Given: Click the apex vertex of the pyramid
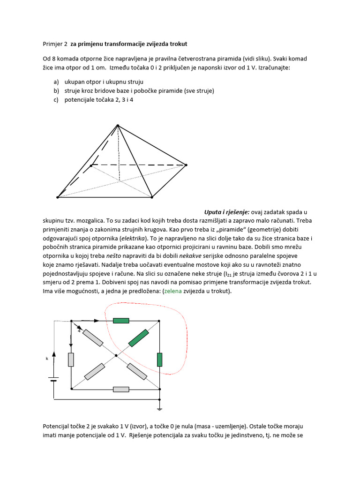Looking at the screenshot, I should [x=118, y=125].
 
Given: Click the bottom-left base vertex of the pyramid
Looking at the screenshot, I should [x=58, y=197].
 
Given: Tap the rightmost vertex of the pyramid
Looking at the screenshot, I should [x=186, y=165].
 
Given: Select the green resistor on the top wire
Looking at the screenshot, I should [x=121, y=321].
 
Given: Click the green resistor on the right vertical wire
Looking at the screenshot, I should [x=160, y=360].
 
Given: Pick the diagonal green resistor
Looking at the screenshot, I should [x=138, y=338].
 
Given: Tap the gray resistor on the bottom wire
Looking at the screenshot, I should [x=121, y=389].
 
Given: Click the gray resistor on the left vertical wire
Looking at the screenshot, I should [x=71, y=360].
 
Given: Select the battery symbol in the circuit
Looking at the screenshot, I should [x=54, y=379].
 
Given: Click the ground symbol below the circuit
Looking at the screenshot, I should [x=160, y=408].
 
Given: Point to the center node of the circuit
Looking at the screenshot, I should [x=116, y=356].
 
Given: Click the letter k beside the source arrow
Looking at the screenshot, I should [x=47, y=358].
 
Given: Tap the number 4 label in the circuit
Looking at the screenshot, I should [x=79, y=331].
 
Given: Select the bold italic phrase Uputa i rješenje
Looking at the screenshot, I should [x=227, y=212].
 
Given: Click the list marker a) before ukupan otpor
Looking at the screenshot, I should [x=57, y=82].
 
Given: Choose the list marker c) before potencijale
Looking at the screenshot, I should [x=57, y=99].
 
